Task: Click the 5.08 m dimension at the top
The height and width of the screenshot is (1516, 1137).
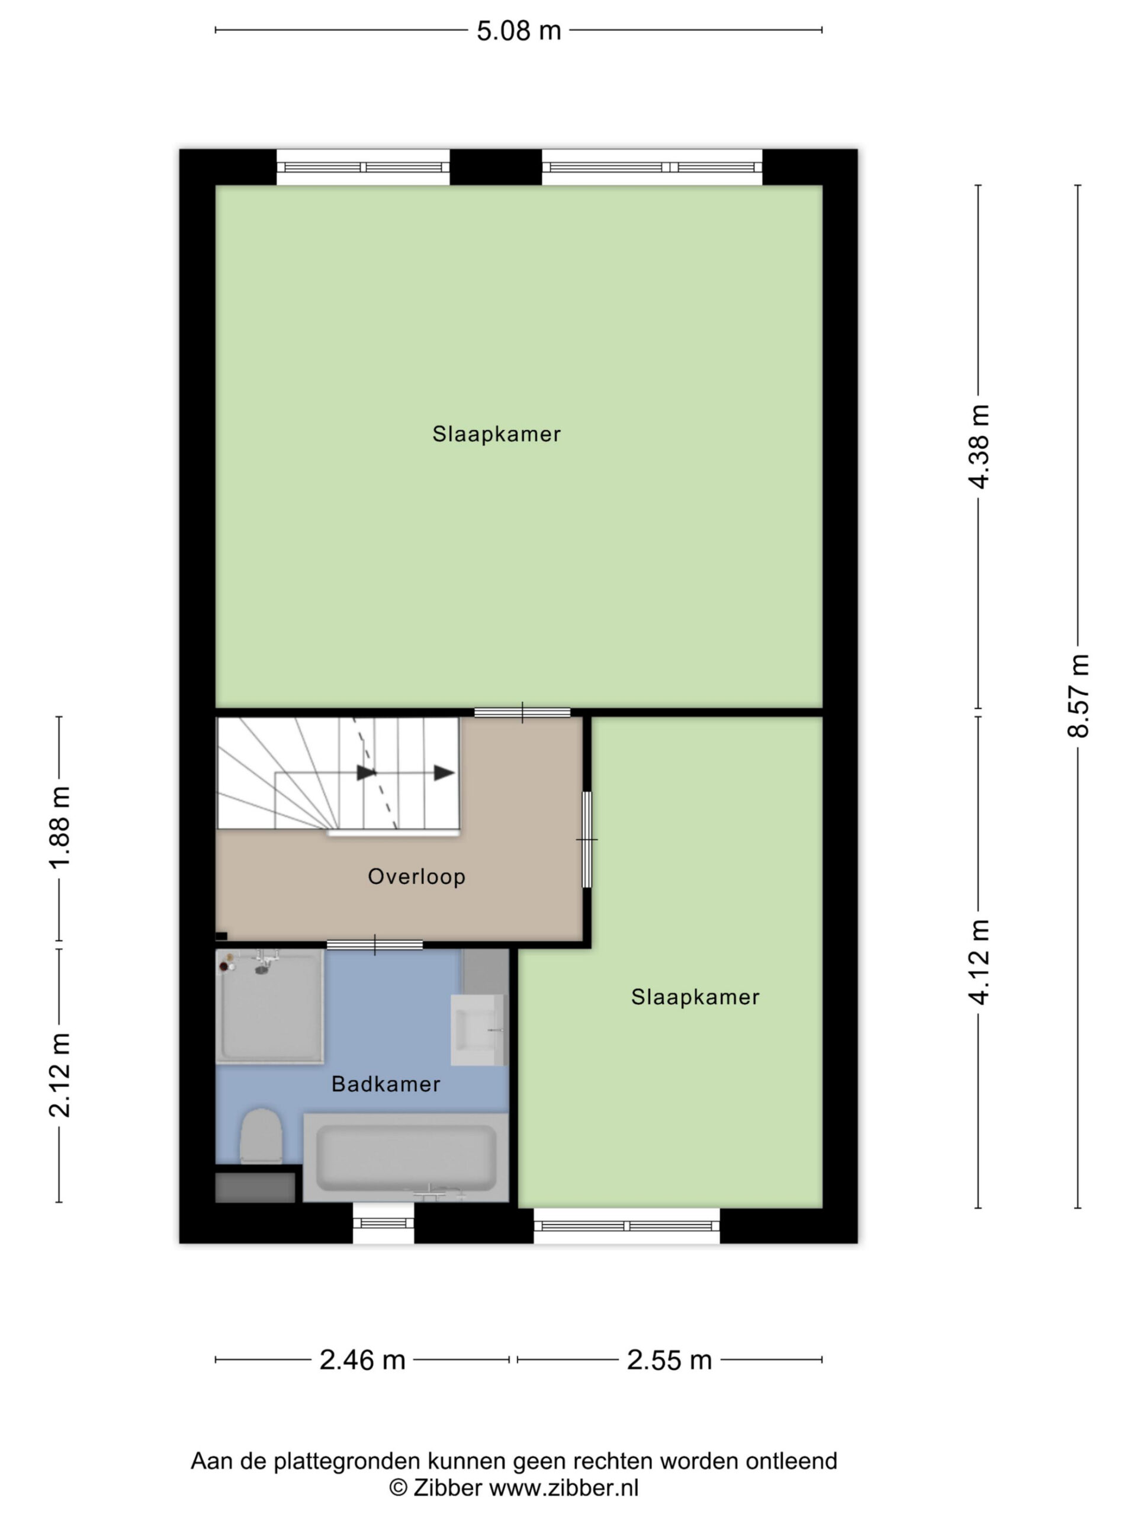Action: (x=518, y=31)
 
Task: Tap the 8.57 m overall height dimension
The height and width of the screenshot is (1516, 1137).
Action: (x=1077, y=696)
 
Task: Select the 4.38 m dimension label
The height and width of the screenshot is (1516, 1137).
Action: (x=979, y=447)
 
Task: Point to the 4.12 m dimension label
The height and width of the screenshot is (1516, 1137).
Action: (x=979, y=962)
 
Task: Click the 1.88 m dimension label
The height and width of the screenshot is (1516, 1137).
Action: (x=60, y=827)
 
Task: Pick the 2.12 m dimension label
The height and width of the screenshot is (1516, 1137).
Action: (x=60, y=1075)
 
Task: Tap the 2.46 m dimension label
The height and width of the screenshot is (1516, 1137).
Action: (x=362, y=1360)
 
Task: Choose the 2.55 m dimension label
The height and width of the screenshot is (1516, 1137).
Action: (x=669, y=1360)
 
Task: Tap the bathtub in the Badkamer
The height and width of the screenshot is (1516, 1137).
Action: (x=406, y=1158)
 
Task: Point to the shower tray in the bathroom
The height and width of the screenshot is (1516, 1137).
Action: (x=269, y=1007)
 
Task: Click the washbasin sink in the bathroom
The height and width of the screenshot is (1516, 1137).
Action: (x=478, y=1030)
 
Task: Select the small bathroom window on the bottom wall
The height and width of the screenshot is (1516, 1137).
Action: (x=383, y=1223)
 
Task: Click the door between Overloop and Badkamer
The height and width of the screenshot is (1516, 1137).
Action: (x=374, y=945)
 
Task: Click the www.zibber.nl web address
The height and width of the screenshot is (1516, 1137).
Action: (x=563, y=1488)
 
